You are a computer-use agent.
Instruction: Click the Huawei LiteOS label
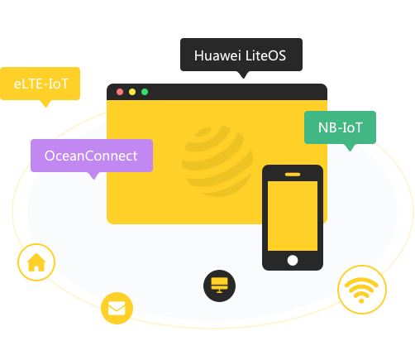pyautogui.click(x=241, y=55)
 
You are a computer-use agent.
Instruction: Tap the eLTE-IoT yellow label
pyautogui.click(x=41, y=84)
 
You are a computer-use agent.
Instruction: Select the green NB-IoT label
pyautogui.click(x=340, y=127)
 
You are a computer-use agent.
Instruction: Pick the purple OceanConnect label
pyautogui.click(x=92, y=156)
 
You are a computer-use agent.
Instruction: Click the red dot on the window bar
pyautogui.click(x=120, y=92)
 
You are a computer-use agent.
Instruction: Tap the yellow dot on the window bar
pyautogui.click(x=132, y=92)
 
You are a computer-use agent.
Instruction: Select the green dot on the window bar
pyautogui.click(x=145, y=92)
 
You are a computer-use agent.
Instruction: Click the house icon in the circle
pyautogui.click(x=36, y=262)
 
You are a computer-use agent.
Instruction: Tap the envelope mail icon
pyautogui.click(x=117, y=308)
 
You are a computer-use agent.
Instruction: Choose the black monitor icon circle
pyautogui.click(x=219, y=286)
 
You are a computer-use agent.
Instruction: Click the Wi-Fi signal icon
pyautogui.click(x=361, y=290)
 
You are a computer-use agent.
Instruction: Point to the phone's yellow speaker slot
pyautogui.click(x=293, y=175)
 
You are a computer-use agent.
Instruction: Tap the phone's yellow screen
pyautogui.click(x=293, y=216)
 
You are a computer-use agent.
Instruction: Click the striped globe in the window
pyautogui.click(x=217, y=161)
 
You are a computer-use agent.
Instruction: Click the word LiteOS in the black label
pyautogui.click(x=265, y=55)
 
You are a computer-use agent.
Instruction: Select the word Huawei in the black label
pyautogui.click(x=217, y=55)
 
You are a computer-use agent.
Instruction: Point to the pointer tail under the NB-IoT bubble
pyautogui.click(x=350, y=147)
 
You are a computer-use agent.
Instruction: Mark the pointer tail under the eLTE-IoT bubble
pyautogui.click(x=45, y=103)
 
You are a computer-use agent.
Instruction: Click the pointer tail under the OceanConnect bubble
pyautogui.click(x=93, y=175)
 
